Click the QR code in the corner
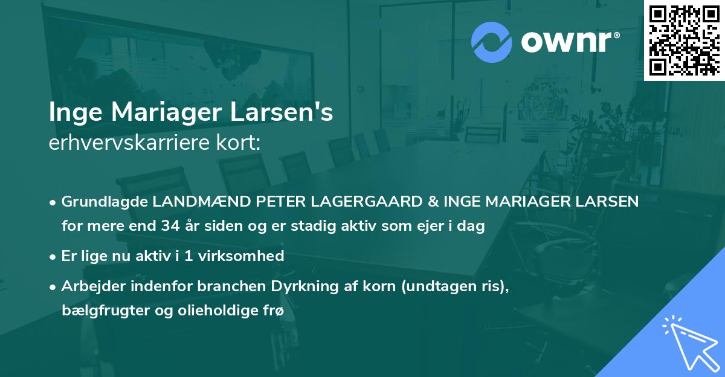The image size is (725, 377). coord(685,40)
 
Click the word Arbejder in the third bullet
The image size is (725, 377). coord(88,286)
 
